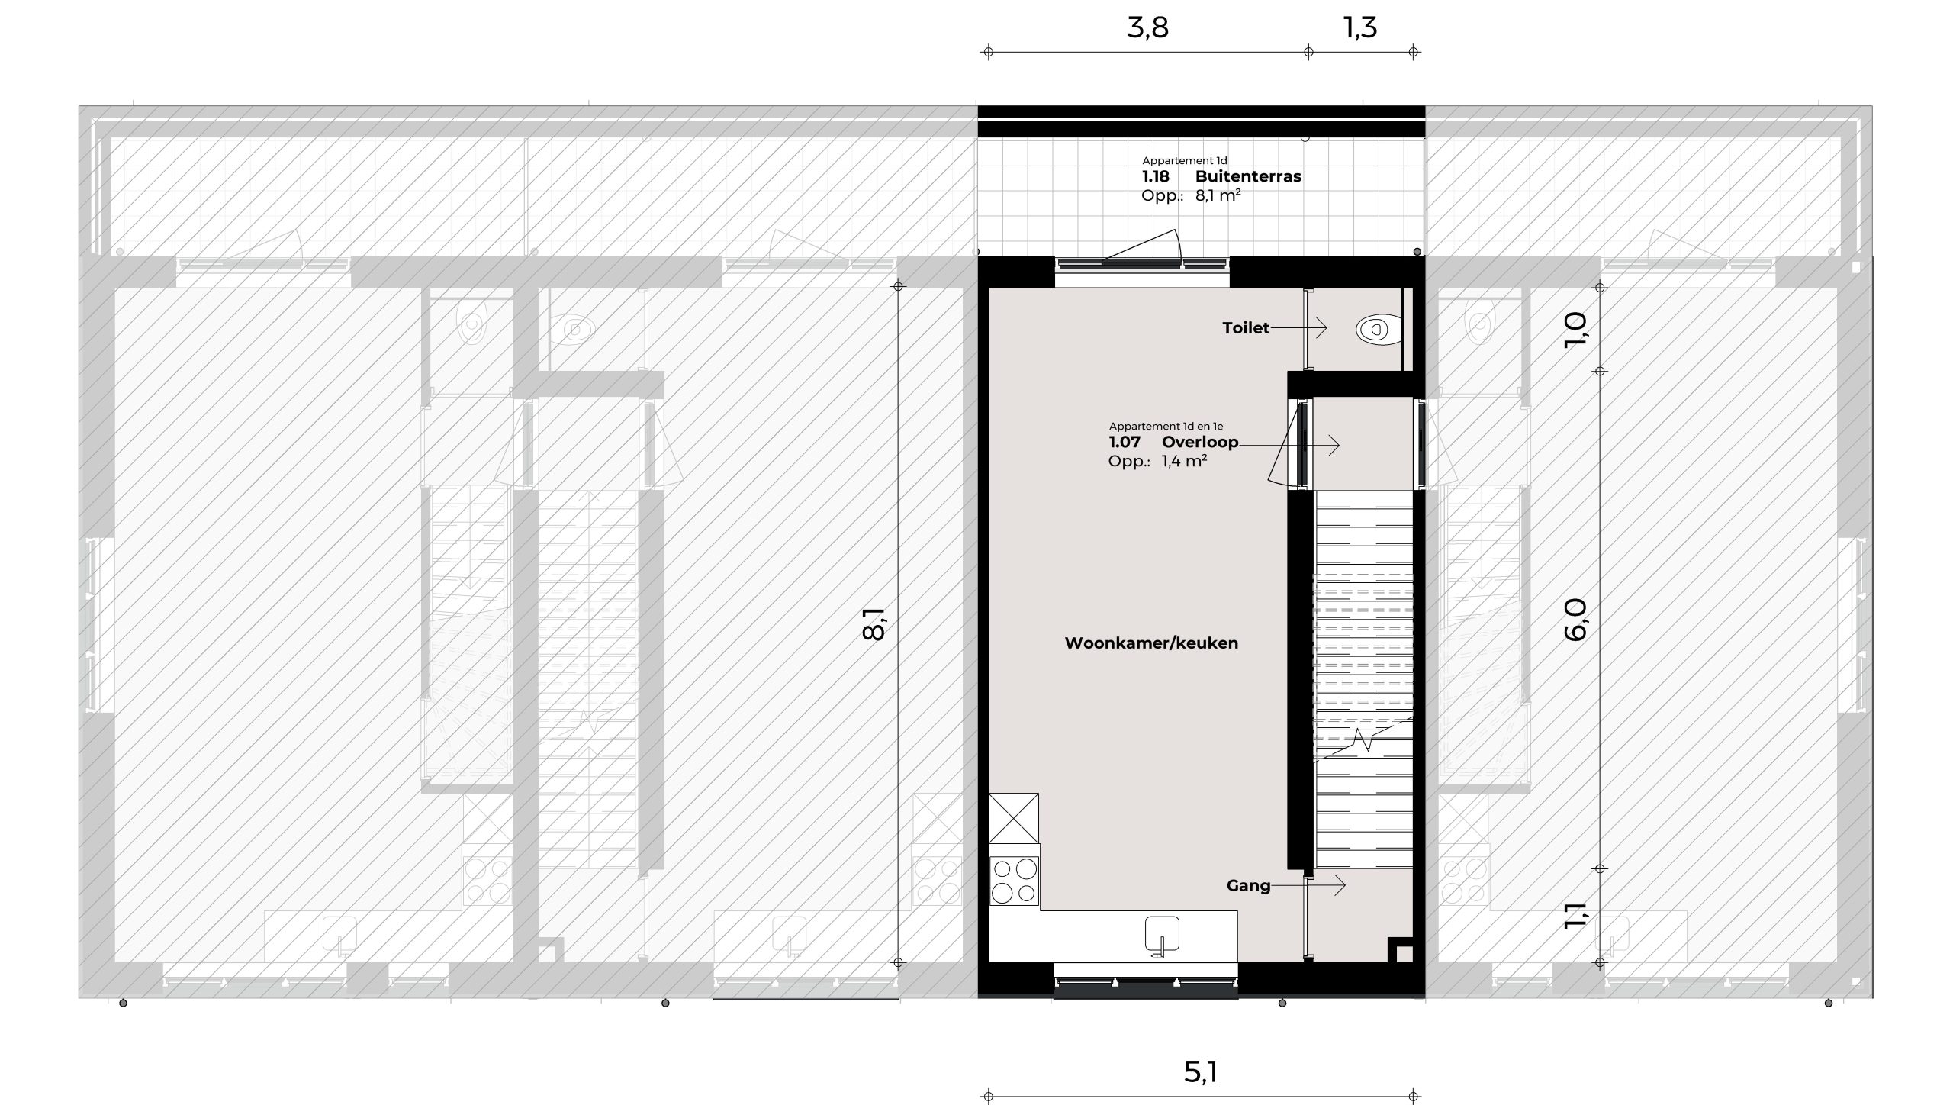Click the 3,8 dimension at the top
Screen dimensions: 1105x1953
[x=1147, y=28]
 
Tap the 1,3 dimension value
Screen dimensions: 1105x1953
[x=1359, y=28]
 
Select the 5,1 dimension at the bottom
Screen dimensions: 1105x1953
[x=1200, y=1071]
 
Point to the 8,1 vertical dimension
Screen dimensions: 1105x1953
[x=874, y=623]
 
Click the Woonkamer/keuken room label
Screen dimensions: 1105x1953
[x=1151, y=643]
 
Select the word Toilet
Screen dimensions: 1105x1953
[x=1245, y=328]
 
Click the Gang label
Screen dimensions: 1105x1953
[x=1248, y=886]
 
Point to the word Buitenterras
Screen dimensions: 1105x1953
[x=1248, y=176]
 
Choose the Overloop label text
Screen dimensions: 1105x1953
[x=1199, y=443]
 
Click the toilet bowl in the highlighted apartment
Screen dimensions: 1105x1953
[x=1378, y=330]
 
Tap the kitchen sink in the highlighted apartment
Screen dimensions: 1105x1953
[x=1161, y=936]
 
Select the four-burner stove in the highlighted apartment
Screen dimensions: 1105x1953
[x=1014, y=881]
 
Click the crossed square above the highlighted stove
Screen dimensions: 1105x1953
[x=1014, y=818]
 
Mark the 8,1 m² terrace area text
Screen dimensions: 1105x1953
[x=1218, y=195]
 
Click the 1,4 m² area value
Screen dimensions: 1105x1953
[x=1184, y=461]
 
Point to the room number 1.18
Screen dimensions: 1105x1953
[x=1155, y=176]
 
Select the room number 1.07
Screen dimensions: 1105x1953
[x=1125, y=443]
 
